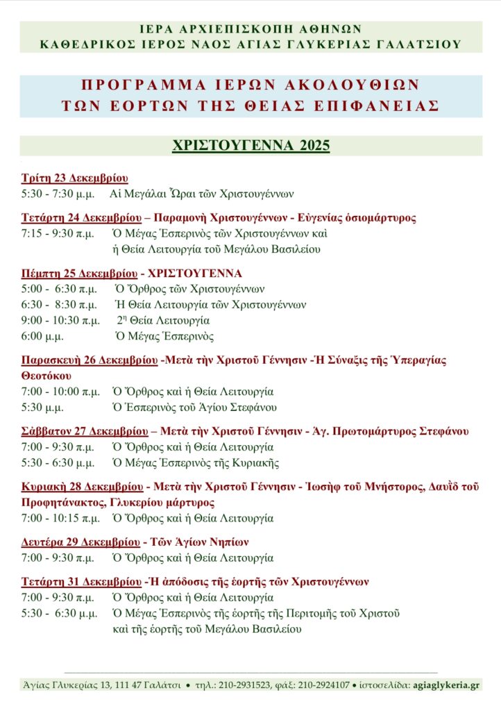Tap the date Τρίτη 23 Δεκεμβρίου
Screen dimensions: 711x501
74,177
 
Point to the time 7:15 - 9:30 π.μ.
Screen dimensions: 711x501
58,233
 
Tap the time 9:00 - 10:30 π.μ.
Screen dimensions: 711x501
60,320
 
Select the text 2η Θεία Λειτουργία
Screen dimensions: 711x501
163,320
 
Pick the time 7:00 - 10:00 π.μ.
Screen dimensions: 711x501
60,391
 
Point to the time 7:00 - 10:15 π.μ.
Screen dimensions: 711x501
60,518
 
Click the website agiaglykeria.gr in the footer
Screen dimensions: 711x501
444,685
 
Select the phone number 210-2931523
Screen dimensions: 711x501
244,685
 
